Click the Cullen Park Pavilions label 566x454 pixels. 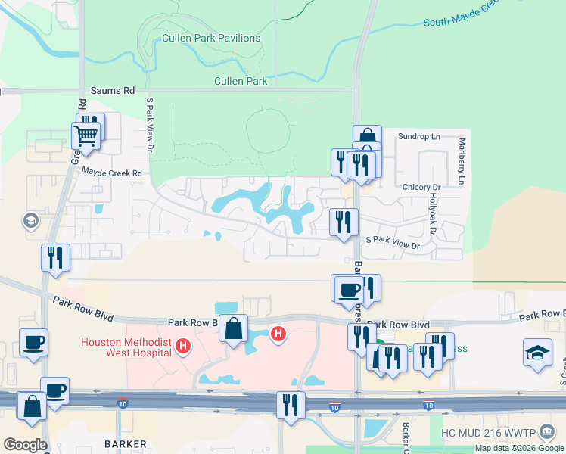click(211, 38)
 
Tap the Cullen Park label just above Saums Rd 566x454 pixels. click(241, 80)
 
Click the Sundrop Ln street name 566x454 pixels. click(418, 137)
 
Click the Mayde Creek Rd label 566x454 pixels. click(112, 173)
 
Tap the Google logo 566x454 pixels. click(24, 445)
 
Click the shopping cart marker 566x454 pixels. click(86, 136)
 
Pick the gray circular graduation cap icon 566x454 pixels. click(31, 220)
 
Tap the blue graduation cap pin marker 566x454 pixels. click(537, 352)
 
